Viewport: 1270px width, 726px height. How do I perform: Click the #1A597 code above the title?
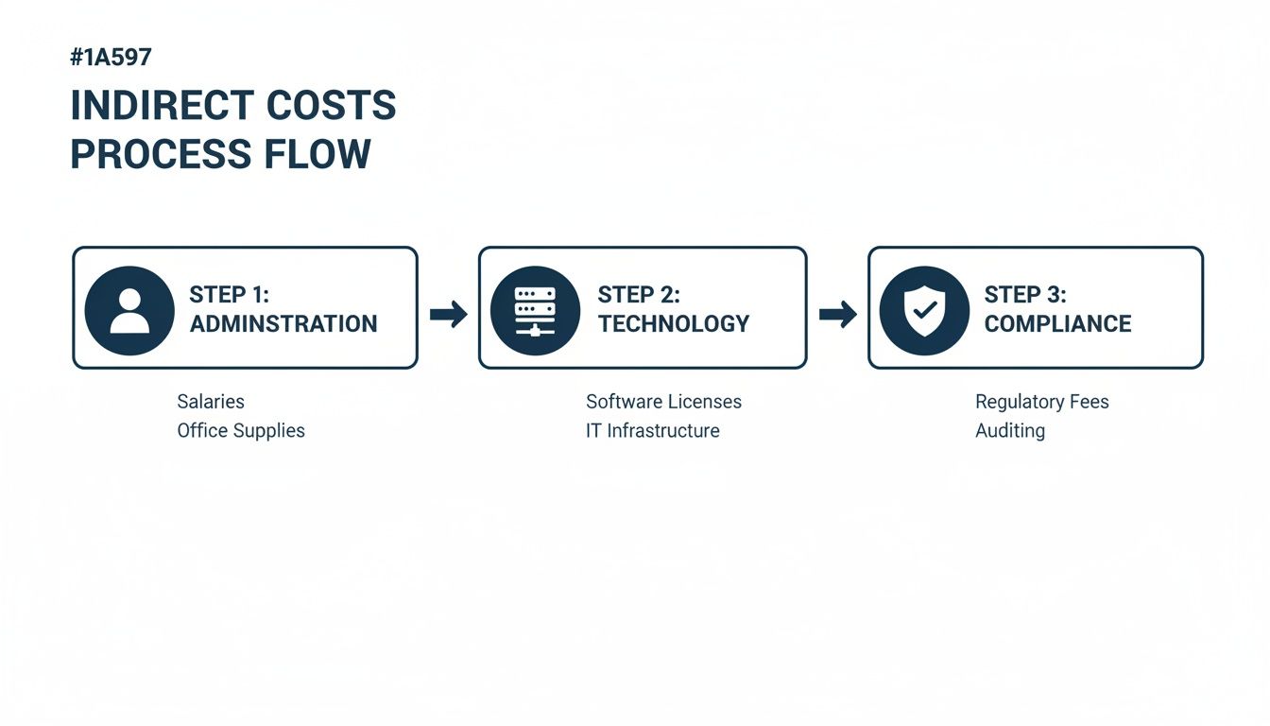111,57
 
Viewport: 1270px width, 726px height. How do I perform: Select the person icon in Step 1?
129,310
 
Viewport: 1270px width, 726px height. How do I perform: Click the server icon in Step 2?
535,310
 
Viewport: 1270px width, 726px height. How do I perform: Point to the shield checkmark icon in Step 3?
923,310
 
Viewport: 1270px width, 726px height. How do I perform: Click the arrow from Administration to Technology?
448,314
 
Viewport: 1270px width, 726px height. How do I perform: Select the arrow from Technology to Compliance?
837,314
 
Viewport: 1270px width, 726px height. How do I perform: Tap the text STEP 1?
229,294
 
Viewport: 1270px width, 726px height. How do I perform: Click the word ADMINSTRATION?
283,324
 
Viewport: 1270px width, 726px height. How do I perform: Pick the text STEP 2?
639,294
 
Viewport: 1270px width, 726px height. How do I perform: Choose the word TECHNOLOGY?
673,324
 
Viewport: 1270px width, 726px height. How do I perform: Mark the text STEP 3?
1025,294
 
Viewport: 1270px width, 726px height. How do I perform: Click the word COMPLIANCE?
1057,324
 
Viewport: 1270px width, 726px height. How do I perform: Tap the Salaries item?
211,402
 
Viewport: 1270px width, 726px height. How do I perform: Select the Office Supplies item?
241,431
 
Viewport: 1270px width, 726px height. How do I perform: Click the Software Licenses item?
663,402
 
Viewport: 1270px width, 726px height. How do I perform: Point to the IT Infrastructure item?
652,431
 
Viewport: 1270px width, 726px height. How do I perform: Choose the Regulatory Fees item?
1041,402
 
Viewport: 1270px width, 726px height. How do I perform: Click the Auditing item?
1009,431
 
